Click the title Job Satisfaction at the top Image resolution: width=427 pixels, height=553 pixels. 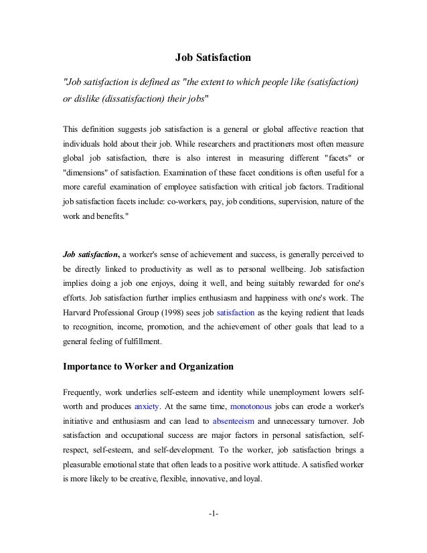213,58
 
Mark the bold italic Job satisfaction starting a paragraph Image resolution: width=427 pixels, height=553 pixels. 87,254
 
